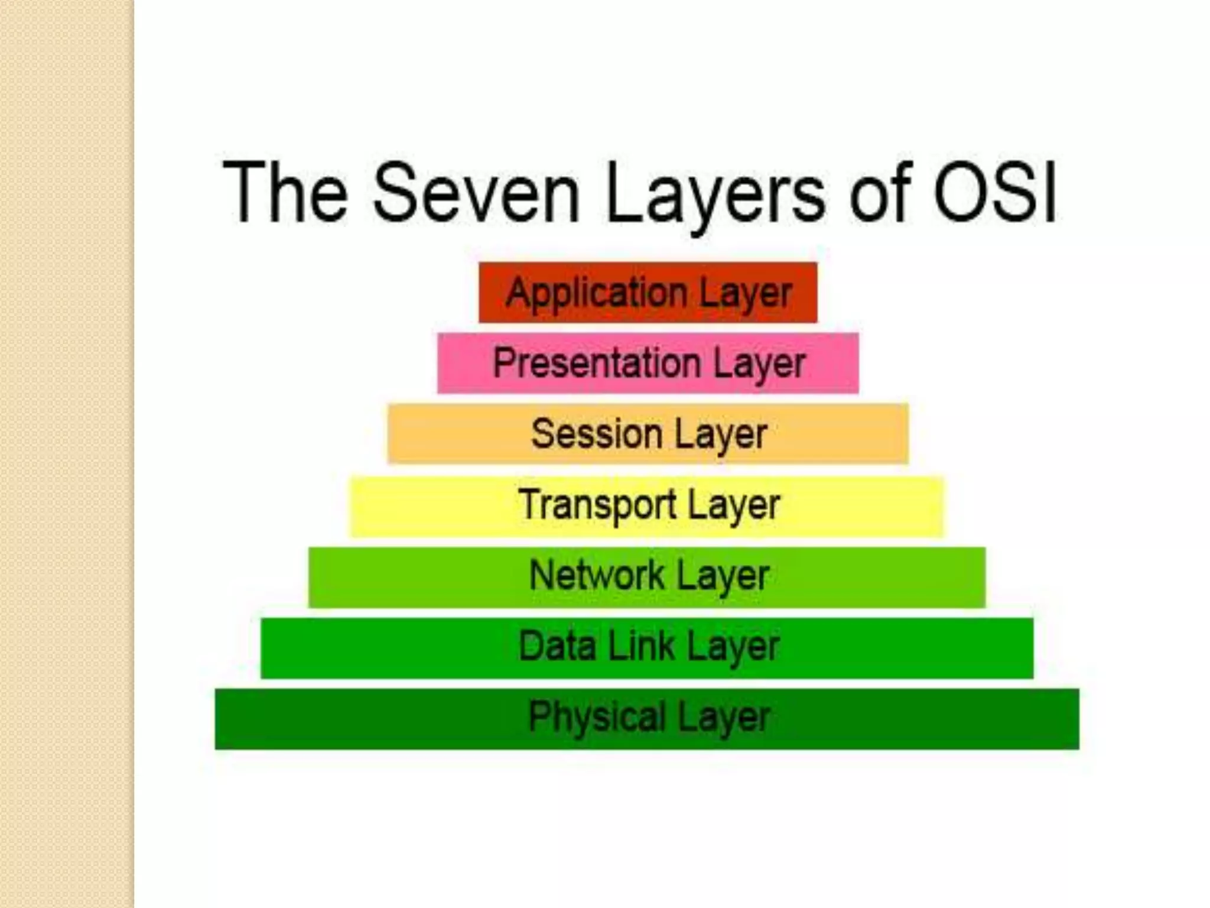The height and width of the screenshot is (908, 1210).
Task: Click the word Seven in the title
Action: click(476, 193)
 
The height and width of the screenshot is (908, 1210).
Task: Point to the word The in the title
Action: click(285, 193)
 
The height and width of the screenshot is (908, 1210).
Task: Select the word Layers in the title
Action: click(715, 193)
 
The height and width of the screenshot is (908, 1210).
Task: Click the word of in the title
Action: click(881, 193)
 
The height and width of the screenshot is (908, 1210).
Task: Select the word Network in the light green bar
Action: click(596, 575)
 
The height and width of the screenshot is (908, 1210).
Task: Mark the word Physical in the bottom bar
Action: click(596, 717)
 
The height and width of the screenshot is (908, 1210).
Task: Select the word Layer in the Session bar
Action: click(721, 434)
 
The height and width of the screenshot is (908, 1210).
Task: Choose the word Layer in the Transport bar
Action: click(733, 505)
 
